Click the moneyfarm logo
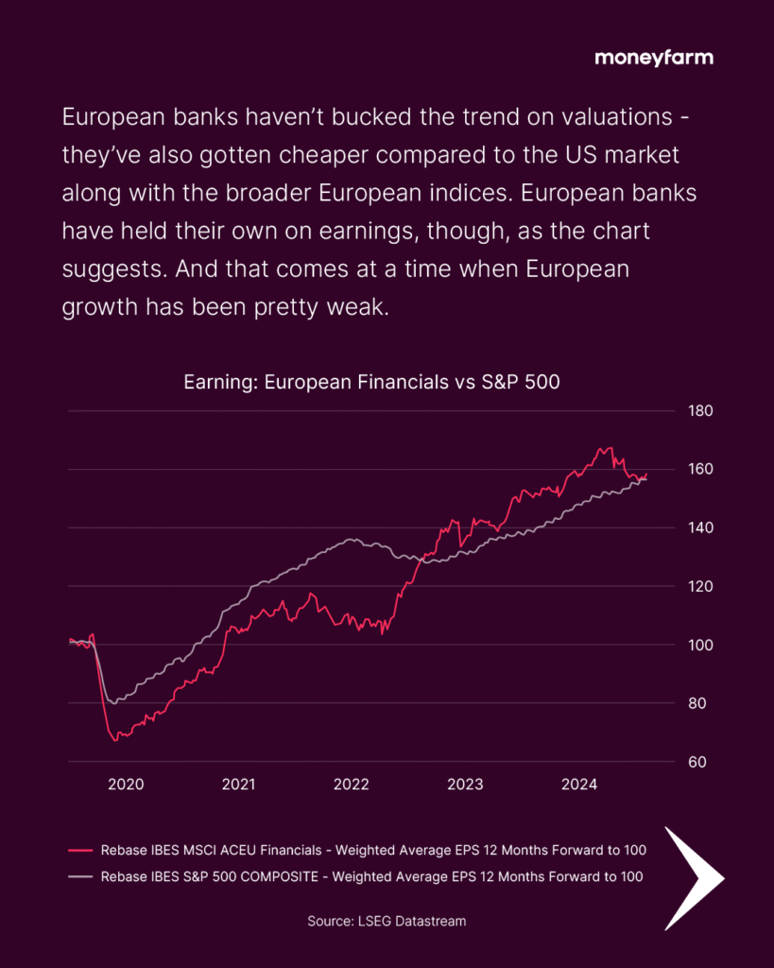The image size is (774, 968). (x=654, y=58)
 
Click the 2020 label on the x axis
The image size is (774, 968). (x=126, y=785)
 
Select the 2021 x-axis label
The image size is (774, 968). (x=238, y=785)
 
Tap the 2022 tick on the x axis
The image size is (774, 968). (x=352, y=785)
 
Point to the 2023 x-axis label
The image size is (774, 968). (x=465, y=785)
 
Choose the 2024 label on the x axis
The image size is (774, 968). (x=578, y=785)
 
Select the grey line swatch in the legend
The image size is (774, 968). (x=80, y=876)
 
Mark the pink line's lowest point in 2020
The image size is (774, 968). (x=115, y=740)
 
